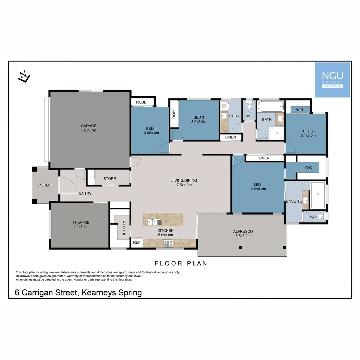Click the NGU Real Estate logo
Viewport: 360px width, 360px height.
tap(332, 80)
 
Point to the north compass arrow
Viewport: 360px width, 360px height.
tap(24, 77)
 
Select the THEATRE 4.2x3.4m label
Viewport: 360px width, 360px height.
tap(81, 224)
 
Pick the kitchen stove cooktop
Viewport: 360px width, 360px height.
tap(168, 243)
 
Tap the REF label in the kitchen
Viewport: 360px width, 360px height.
tap(137, 243)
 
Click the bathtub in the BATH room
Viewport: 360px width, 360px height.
tap(271, 107)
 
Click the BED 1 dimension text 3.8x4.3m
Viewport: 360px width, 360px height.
tap(258, 189)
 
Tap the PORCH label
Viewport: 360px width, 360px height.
tap(45, 185)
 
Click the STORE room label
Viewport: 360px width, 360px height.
tap(109, 179)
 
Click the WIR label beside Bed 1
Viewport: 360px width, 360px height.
tap(308, 167)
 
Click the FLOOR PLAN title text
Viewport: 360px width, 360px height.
tap(181, 263)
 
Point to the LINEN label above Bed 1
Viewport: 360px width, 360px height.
tap(264, 158)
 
